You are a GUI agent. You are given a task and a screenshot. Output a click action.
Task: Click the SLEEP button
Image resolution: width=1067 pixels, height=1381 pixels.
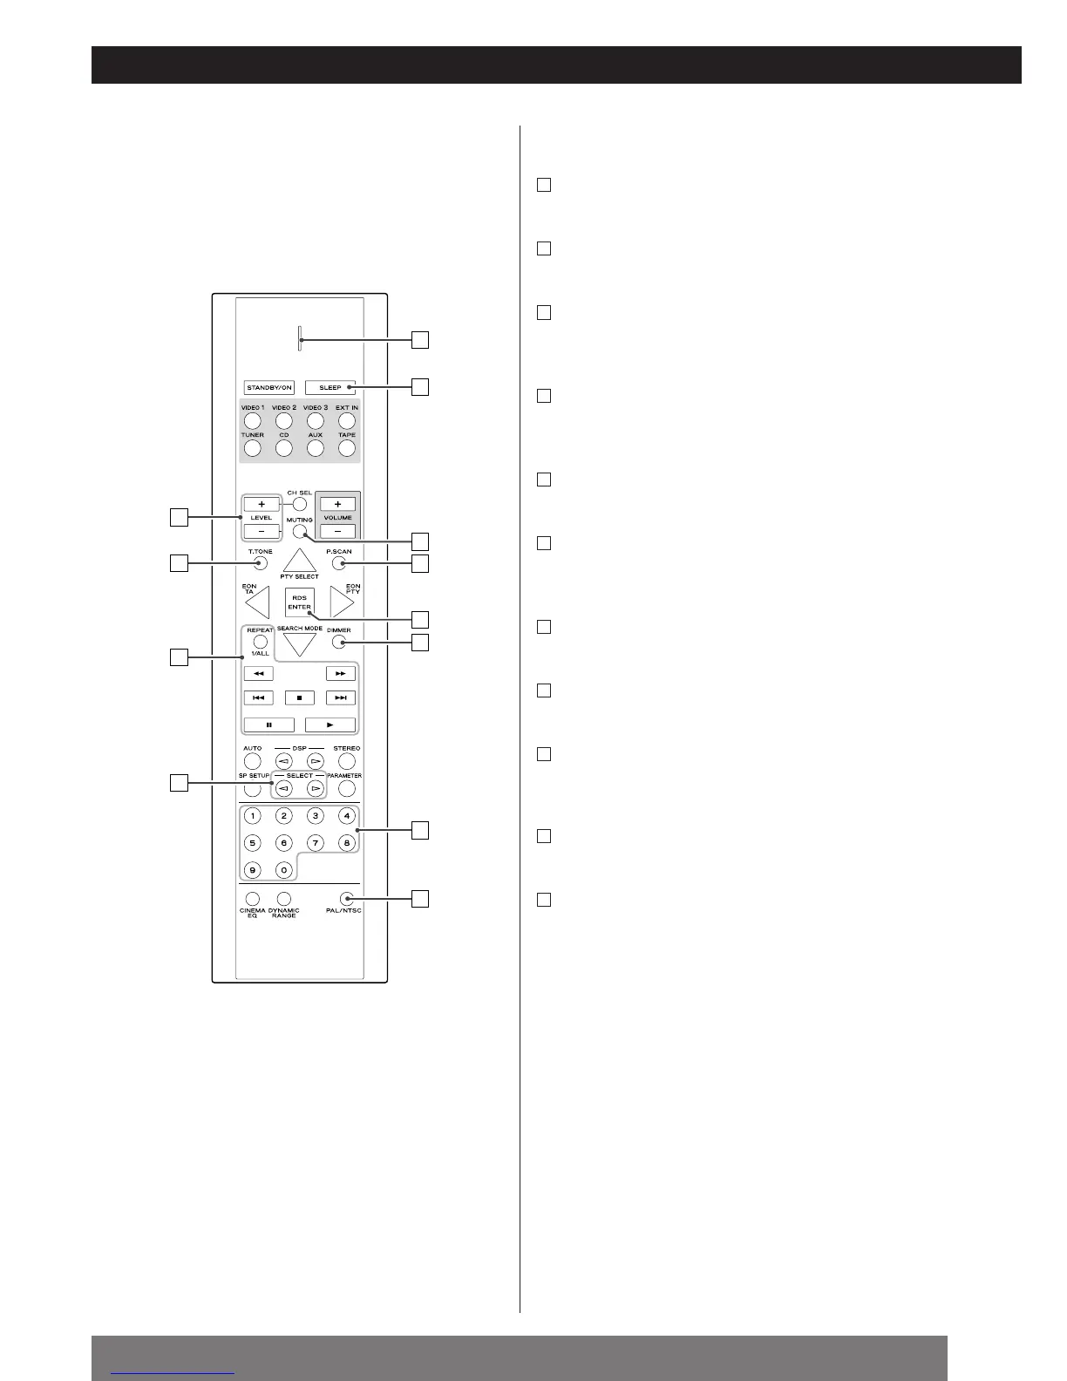[330, 387]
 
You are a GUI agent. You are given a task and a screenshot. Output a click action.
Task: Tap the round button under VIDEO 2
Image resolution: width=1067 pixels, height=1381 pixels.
[283, 421]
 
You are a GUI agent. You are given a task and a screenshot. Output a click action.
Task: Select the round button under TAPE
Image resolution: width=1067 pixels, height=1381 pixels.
[347, 449]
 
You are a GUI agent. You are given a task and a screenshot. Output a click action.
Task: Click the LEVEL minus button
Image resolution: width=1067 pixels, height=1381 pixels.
[262, 531]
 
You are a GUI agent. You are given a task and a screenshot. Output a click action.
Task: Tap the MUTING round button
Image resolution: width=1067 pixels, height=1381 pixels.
[300, 533]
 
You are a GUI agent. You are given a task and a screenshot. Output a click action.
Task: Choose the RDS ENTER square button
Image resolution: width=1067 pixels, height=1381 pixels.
[299, 602]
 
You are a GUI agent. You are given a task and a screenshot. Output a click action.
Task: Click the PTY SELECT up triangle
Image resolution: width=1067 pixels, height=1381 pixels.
[299, 560]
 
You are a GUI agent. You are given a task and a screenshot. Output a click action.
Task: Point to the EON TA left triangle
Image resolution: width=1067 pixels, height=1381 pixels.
[259, 603]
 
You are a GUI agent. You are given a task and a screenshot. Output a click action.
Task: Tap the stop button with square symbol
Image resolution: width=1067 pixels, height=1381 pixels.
[299, 697]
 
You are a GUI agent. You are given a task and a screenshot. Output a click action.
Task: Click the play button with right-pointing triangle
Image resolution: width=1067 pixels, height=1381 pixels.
[330, 725]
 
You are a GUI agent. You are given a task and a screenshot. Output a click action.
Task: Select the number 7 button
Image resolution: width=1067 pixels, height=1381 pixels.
[316, 843]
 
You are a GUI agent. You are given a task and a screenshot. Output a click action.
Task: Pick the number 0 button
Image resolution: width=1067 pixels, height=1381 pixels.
[283, 869]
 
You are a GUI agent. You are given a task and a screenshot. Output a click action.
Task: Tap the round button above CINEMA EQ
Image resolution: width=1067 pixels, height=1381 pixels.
[252, 898]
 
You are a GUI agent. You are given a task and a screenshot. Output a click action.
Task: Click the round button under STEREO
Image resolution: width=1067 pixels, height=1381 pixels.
[347, 762]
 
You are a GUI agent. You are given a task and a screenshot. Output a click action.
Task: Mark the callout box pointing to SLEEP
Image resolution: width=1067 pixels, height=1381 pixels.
[420, 386]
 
